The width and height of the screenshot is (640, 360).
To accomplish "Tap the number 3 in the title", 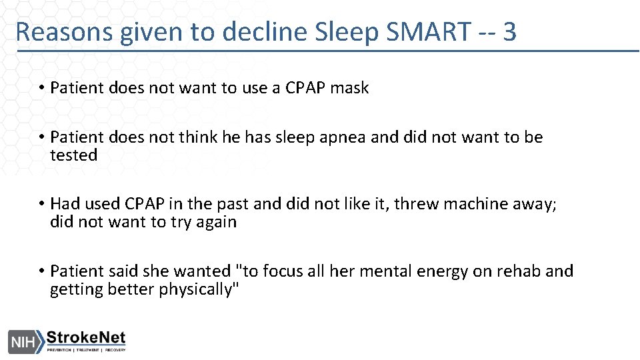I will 509,31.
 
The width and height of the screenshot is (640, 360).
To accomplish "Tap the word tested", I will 74,155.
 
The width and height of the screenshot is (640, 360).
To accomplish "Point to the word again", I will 215,222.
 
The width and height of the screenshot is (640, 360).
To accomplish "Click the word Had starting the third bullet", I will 65,204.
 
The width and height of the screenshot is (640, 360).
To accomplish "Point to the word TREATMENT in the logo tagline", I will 89,350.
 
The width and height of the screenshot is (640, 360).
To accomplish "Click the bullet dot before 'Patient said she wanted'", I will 41,271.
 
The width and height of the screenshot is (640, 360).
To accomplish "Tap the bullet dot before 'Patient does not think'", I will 41,138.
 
